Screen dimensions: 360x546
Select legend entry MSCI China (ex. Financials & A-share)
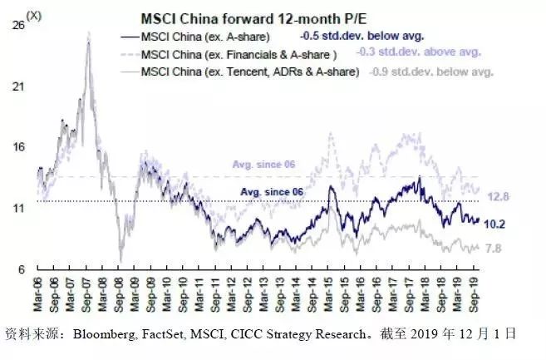238,55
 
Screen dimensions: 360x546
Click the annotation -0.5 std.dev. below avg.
362,37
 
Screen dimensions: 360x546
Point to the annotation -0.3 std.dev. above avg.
419,53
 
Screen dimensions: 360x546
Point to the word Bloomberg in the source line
101,334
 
